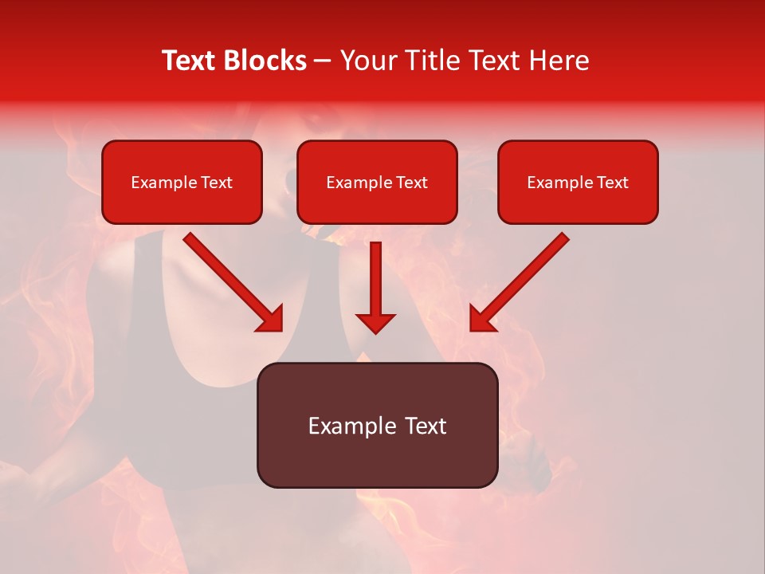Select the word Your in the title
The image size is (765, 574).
[371, 61]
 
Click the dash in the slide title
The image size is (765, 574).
[323, 61]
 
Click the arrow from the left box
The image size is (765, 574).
[231, 281]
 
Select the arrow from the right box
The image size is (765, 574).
[522, 281]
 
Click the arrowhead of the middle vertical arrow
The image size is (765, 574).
[375, 322]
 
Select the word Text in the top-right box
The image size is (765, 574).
[612, 183]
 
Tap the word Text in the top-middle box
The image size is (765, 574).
[411, 183]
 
